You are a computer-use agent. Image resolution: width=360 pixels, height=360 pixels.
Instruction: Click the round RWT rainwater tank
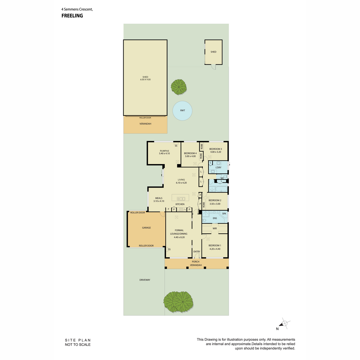tap(182, 111)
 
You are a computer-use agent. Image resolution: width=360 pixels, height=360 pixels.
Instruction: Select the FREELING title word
tap(72, 16)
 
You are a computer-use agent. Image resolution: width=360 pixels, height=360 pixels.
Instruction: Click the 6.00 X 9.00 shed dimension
tap(145, 79)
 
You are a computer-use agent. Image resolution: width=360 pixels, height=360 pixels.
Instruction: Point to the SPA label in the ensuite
tap(224, 214)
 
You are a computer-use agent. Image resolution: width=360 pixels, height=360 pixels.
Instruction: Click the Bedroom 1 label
tap(215, 245)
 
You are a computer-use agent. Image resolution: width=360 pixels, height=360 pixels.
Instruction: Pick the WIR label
tap(214, 229)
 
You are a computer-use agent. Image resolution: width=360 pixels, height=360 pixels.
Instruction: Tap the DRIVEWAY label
tap(145, 280)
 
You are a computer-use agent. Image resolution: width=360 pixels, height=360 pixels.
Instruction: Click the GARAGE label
tap(146, 228)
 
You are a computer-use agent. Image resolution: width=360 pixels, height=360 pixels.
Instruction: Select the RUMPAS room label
tap(164, 151)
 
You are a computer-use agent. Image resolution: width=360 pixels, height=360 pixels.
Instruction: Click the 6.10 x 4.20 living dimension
tap(181, 183)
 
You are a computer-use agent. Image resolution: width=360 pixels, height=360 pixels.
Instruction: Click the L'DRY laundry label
tap(218, 168)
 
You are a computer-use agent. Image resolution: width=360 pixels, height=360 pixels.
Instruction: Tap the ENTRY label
tap(196, 252)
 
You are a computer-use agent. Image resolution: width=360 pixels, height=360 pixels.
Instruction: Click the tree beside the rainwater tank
tap(178, 87)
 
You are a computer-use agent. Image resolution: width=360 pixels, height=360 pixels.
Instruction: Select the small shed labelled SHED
tap(213, 52)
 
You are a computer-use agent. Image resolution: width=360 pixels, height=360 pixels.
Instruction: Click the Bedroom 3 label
tap(215, 149)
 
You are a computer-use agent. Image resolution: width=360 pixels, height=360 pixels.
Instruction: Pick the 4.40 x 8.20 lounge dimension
tap(179, 237)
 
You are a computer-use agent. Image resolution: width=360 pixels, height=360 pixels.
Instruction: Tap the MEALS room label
tap(159, 198)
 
